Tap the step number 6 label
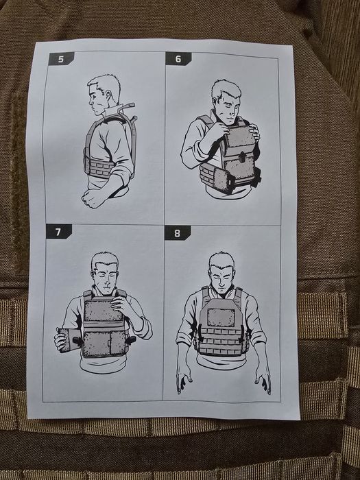pyautogui.click(x=178, y=59)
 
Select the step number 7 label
pyautogui.click(x=59, y=232)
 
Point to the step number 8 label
pyautogui.click(x=178, y=233)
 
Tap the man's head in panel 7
pyautogui.click(x=104, y=267)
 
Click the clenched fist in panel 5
pyautogui.click(x=93, y=197)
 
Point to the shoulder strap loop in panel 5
pyautogui.click(x=128, y=110)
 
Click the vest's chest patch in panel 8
pyautogui.click(x=221, y=315)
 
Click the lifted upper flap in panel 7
pyautogui.click(x=104, y=311)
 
